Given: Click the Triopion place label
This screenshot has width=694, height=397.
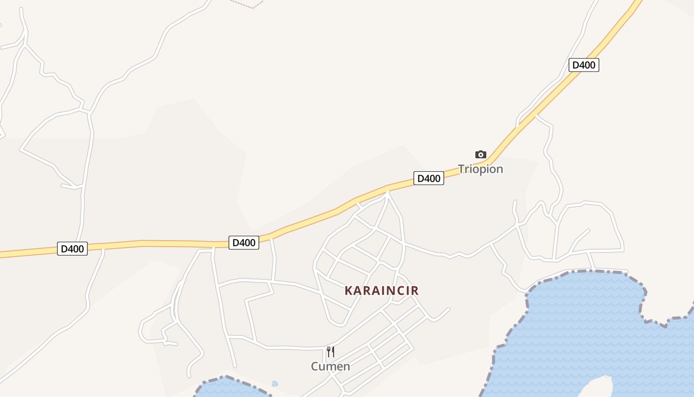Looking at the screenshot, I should [480, 169].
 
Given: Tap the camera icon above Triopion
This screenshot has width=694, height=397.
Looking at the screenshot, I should [480, 155].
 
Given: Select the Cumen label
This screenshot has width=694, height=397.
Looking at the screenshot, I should [330, 367].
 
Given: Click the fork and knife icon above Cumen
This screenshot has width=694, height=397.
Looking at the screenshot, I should [331, 352].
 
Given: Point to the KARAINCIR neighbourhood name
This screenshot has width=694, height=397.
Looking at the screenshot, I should [382, 291].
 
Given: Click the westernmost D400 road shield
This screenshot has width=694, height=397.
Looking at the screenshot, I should [72, 249].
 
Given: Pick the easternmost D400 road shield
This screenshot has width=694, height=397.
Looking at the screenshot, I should [583, 65].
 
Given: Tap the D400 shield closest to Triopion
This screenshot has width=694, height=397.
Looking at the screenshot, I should [428, 178].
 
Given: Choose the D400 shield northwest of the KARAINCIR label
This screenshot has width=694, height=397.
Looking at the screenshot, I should [244, 243].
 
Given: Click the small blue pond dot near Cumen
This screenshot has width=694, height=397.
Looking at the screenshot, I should [275, 384].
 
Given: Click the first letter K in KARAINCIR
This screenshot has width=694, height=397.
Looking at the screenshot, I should [348, 291].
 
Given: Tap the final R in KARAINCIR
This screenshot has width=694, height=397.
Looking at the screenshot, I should [415, 291].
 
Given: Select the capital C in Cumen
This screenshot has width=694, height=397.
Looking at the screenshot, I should [315, 367].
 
